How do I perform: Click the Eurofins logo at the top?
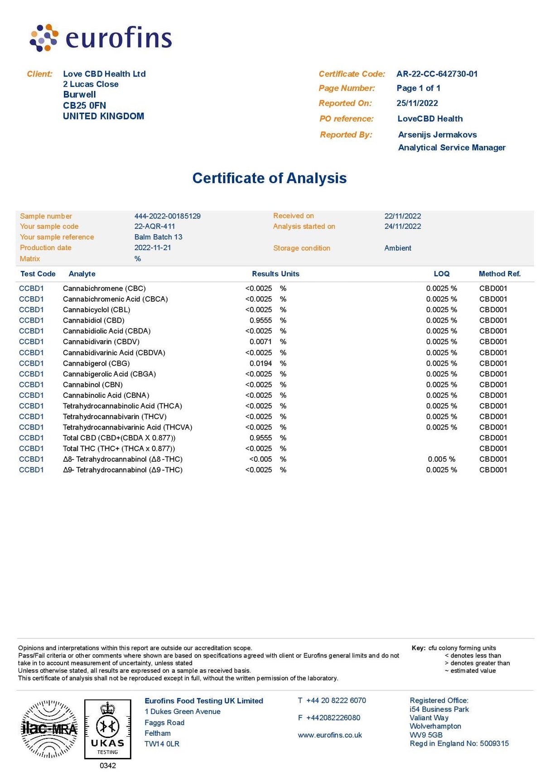pos(101,38)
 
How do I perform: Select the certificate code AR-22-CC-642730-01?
pos(437,74)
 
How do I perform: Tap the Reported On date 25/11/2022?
pos(417,103)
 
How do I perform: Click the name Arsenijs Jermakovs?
pos(437,135)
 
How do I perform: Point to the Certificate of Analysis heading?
pos(270,178)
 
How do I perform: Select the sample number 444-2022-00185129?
pos(167,216)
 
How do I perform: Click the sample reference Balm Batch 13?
pos(158,237)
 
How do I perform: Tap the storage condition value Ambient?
pos(398,248)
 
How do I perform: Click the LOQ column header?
pos(441,274)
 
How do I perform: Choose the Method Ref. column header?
pos(499,274)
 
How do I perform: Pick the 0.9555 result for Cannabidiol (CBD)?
pos(261,320)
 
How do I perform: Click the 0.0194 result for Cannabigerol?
pos(261,363)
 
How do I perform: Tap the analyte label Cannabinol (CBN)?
pos(92,385)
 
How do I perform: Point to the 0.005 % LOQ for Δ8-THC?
pos(441,459)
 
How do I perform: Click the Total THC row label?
pos(119,449)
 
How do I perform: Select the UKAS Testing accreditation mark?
pos(107,729)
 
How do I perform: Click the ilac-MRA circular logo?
pos(49,729)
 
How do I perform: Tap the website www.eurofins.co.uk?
pos(330,735)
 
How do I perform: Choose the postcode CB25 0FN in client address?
pos(84,106)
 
